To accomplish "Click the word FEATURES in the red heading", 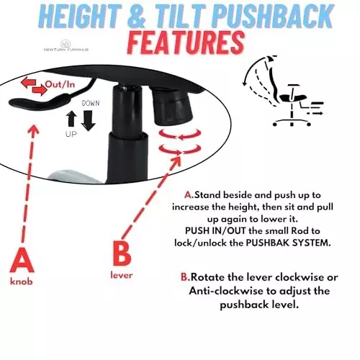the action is [x=186, y=43].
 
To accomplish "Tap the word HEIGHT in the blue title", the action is [x=80, y=17].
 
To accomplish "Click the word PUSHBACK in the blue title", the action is [x=272, y=17].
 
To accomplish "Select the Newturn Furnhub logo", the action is [x=66, y=45].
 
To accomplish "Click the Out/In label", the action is [x=60, y=84].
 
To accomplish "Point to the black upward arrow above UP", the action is [x=71, y=119].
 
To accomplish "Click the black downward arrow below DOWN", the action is [x=89, y=120].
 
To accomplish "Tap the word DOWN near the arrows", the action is [x=91, y=103].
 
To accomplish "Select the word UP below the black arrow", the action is [x=71, y=135].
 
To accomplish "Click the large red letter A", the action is [x=22, y=261].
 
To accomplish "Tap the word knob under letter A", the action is [x=22, y=281].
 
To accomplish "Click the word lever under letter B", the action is [x=122, y=275].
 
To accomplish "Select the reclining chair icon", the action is [x=283, y=91].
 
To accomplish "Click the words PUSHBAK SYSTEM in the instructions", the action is [x=288, y=243].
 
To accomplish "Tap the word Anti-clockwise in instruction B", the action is [x=226, y=292].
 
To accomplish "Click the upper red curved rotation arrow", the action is [x=180, y=135].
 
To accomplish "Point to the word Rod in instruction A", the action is [x=297, y=231].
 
